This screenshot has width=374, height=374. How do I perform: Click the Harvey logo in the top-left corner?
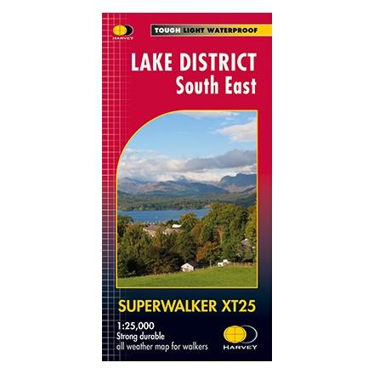click(122, 31)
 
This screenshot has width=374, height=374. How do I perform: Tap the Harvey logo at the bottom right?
click(237, 335)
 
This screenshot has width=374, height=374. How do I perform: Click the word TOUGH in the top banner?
click(164, 31)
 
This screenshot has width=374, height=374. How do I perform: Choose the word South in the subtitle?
click(194, 85)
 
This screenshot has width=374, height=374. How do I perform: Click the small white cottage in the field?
click(187, 266)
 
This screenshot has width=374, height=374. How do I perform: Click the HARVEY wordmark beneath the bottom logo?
click(237, 347)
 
